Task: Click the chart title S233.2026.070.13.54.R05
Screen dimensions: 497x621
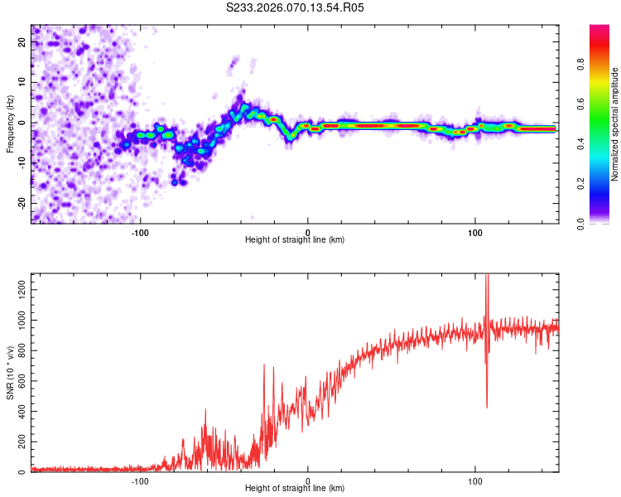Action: click(x=296, y=7)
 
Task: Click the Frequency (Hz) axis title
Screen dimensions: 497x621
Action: click(x=10, y=123)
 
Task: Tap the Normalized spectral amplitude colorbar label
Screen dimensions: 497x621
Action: click(x=614, y=124)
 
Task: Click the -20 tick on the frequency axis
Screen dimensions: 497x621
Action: click(x=21, y=203)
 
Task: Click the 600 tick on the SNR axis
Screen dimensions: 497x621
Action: click(x=19, y=380)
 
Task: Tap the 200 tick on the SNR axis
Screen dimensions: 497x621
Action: click(x=19, y=442)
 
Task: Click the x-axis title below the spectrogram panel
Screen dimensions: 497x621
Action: click(x=295, y=240)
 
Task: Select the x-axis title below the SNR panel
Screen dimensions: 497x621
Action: click(x=295, y=489)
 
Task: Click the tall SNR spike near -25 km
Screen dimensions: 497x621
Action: click(x=264, y=365)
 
